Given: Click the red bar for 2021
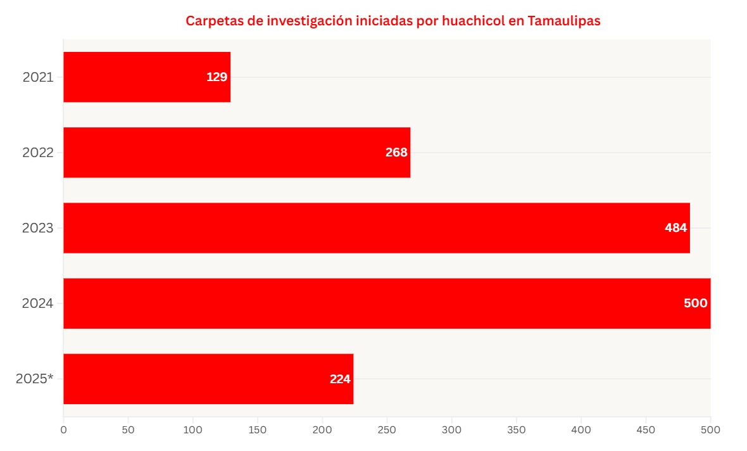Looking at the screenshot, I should click(x=147, y=77).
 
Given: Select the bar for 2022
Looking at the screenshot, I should click(x=237, y=152).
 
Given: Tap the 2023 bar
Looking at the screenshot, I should click(x=376, y=227).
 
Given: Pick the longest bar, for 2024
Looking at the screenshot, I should click(x=386, y=303).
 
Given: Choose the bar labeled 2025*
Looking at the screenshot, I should click(x=208, y=378).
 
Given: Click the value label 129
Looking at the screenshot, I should click(x=217, y=77).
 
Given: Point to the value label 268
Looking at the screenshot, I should click(x=396, y=153).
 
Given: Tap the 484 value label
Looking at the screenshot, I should click(x=675, y=228).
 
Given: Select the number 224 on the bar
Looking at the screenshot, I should click(x=340, y=379).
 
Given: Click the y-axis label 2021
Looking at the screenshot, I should click(x=38, y=77).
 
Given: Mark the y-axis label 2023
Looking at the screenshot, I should click(x=38, y=228).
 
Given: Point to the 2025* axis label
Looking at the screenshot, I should click(x=35, y=379).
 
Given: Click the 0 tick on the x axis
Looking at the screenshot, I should click(x=63, y=429).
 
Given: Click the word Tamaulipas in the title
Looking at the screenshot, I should click(x=563, y=21).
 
